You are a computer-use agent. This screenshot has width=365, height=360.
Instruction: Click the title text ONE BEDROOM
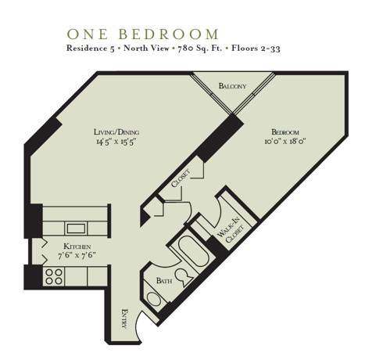142,34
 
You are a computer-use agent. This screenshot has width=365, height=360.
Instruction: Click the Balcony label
233,86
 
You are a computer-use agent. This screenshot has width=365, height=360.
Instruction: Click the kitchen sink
76,229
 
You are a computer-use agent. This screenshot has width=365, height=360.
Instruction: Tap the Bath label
163,279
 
